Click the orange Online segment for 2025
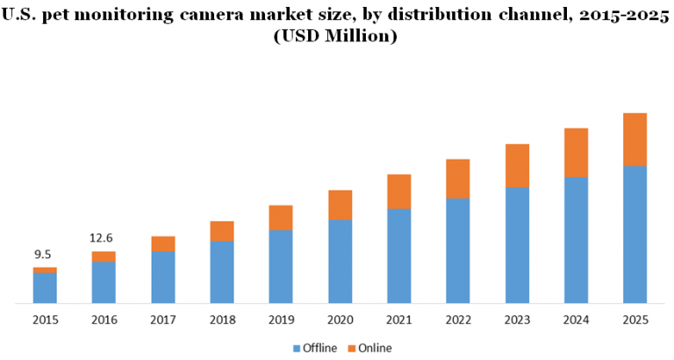point(635,139)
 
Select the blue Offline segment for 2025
point(635,234)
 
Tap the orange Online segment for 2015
point(45,270)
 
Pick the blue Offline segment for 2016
point(104,282)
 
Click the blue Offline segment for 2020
point(340,261)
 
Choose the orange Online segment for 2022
point(457,178)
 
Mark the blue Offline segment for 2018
point(222,272)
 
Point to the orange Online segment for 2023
point(517,165)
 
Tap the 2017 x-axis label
point(162,320)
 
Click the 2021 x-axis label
point(398,320)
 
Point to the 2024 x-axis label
point(576,320)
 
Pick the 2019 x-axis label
point(280,320)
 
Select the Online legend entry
point(374,349)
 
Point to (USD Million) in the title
point(337,36)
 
